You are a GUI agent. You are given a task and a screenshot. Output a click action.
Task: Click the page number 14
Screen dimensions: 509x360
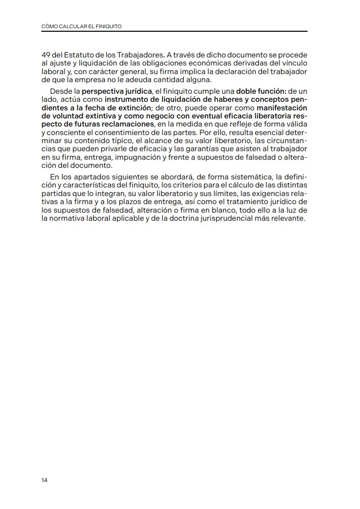pos(44,480)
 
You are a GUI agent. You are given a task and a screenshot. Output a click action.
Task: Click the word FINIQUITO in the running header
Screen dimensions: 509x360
pos(107,26)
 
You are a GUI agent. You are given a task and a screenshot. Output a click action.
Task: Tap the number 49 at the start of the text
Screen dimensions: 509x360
pos(46,54)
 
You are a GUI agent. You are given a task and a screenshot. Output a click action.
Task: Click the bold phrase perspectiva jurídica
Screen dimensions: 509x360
pos(117,91)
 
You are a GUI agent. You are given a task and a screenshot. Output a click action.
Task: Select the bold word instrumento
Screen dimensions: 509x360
pos(126,99)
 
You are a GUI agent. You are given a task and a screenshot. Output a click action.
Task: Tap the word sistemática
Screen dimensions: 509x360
pos(245,177)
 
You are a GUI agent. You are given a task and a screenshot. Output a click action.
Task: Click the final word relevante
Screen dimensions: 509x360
pos(288,219)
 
